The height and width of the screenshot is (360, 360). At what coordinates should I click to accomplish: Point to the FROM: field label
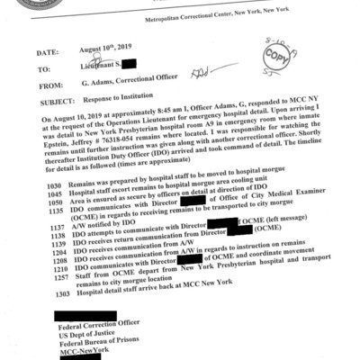click(x=50, y=86)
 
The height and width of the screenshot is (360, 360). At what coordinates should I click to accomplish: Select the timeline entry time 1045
click(x=53, y=191)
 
